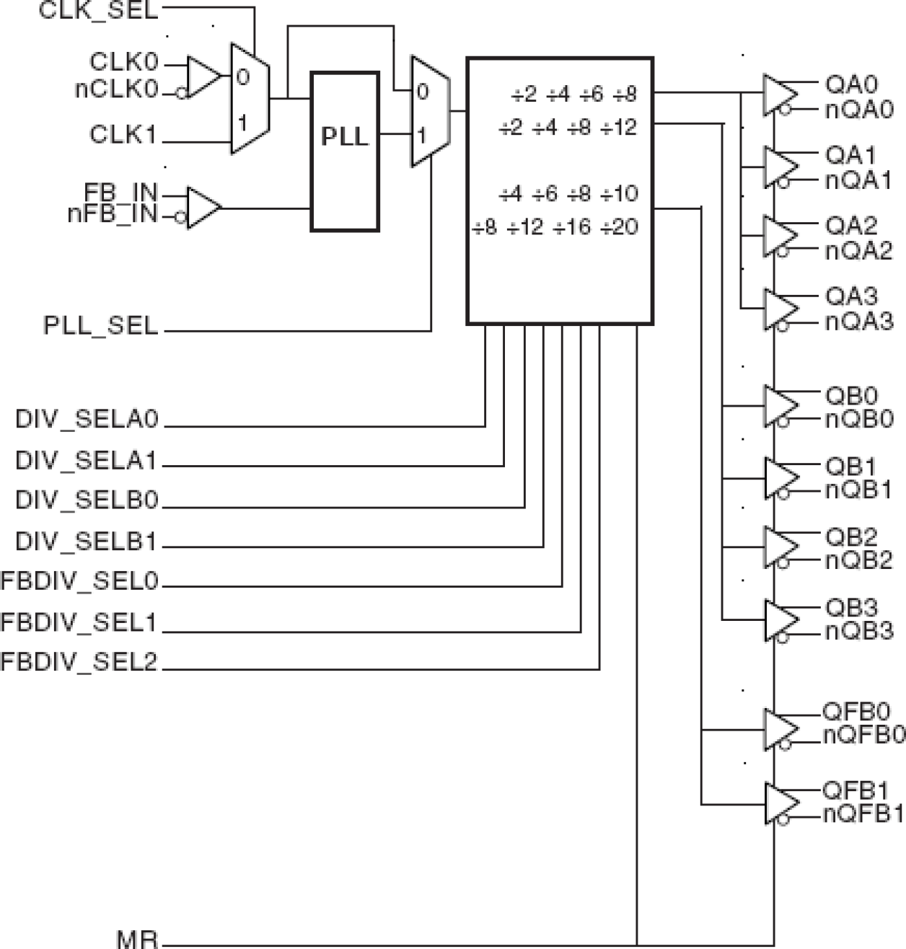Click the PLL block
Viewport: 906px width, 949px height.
pyautogui.click(x=345, y=151)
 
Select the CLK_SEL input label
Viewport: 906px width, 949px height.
pyautogui.click(x=98, y=11)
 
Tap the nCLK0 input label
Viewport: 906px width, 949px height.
pyautogui.click(x=116, y=90)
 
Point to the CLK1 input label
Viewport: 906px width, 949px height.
pyautogui.click(x=123, y=134)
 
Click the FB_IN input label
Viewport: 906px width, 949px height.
pyautogui.click(x=120, y=193)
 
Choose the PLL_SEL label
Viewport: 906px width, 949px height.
pyautogui.click(x=100, y=325)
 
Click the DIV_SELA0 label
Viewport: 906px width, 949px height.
pyautogui.click(x=87, y=420)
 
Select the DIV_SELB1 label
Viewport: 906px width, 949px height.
pyautogui.click(x=87, y=541)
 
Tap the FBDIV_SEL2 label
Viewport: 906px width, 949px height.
pyautogui.click(x=79, y=662)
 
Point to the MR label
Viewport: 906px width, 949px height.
pyautogui.click(x=137, y=939)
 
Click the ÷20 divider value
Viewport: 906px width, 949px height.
pyautogui.click(x=620, y=227)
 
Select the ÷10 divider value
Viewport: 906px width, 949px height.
pyautogui.click(x=620, y=193)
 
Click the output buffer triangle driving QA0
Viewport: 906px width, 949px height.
pyautogui.click(x=780, y=94)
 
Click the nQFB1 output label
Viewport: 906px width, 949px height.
pyautogui.click(x=863, y=814)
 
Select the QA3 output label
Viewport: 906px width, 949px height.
pyautogui.click(x=851, y=296)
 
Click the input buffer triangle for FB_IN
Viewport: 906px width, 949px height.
pyautogui.click(x=203, y=208)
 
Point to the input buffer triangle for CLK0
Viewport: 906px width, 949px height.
pyautogui.click(x=203, y=76)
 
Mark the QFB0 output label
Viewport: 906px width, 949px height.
pyautogui.click(x=856, y=712)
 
